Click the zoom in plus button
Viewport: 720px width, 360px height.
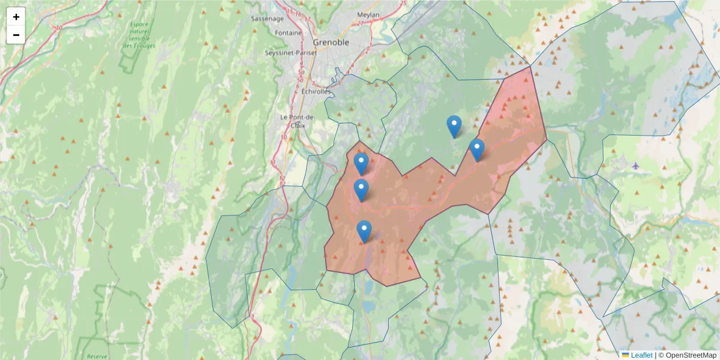[x=16, y=17]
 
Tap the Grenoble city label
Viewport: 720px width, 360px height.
[x=331, y=43]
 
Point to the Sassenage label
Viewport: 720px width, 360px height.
[x=266, y=19]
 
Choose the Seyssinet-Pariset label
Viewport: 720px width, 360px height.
[x=290, y=53]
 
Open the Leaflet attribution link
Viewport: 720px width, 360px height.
[x=641, y=355]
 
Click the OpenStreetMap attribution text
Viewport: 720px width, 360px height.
[x=688, y=355]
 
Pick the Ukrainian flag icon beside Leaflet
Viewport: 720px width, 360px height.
[x=625, y=355]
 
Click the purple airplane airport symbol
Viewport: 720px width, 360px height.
[x=636, y=166]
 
